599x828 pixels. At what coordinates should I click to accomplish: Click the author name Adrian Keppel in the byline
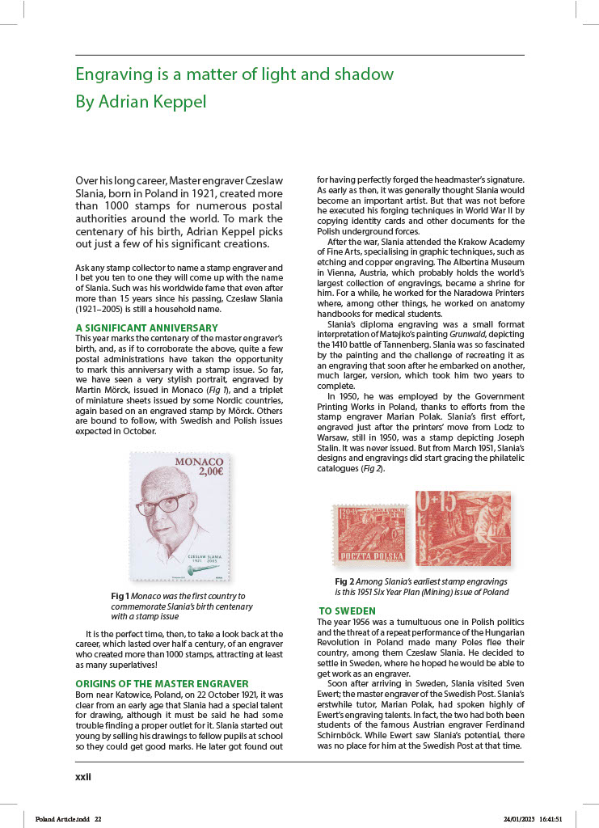(x=153, y=102)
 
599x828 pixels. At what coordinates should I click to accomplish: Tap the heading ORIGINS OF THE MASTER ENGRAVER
(x=156, y=683)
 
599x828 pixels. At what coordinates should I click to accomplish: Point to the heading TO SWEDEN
(x=347, y=610)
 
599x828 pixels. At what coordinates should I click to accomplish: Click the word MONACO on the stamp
(x=199, y=462)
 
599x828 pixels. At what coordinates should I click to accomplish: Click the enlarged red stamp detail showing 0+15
(x=462, y=528)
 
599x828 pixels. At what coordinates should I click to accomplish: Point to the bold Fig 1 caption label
(x=120, y=596)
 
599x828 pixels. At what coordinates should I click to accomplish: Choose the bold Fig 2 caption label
(x=344, y=581)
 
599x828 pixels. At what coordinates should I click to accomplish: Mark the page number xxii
(x=83, y=776)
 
